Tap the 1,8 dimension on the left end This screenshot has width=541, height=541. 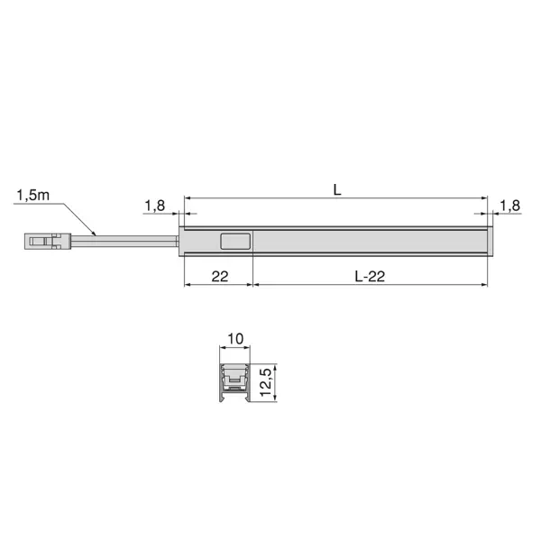click(x=154, y=206)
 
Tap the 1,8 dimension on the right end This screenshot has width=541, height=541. click(x=509, y=206)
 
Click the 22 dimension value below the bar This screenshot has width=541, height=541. click(x=219, y=277)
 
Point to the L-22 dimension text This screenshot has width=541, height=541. click(x=370, y=277)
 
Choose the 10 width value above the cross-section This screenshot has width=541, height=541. click(x=235, y=339)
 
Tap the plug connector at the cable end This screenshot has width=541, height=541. click(x=46, y=241)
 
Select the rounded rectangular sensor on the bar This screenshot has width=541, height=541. click(x=236, y=241)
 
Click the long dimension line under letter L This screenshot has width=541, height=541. click(x=335, y=199)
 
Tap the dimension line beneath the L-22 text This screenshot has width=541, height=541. click(x=370, y=286)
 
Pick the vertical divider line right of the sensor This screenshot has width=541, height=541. click(x=253, y=242)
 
